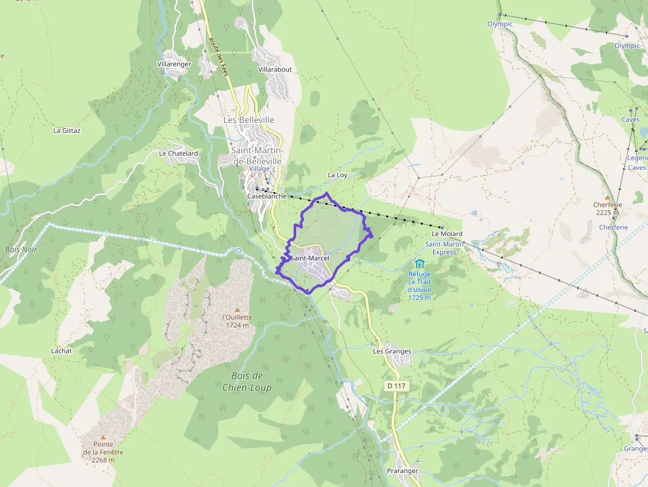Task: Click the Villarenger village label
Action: coord(174,64)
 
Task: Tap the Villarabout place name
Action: coord(274,69)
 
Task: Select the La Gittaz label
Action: coord(67,131)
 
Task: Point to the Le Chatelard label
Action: coord(179,153)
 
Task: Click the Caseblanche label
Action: coord(266,196)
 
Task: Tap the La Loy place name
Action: coord(337,175)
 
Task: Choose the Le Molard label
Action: coord(447,234)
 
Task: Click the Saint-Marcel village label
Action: coord(309,258)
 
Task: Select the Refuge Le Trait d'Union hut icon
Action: coord(419,264)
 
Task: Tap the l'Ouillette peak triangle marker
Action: coord(237,309)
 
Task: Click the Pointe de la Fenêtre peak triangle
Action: coord(102,437)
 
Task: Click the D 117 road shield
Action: coord(395,385)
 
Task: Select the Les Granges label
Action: coord(391,352)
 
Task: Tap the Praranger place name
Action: coord(402,470)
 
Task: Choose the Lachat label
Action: coord(61,351)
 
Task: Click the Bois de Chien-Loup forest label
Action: coord(247,382)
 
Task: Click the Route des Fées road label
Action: coord(218,56)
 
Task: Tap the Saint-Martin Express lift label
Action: coord(440,248)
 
